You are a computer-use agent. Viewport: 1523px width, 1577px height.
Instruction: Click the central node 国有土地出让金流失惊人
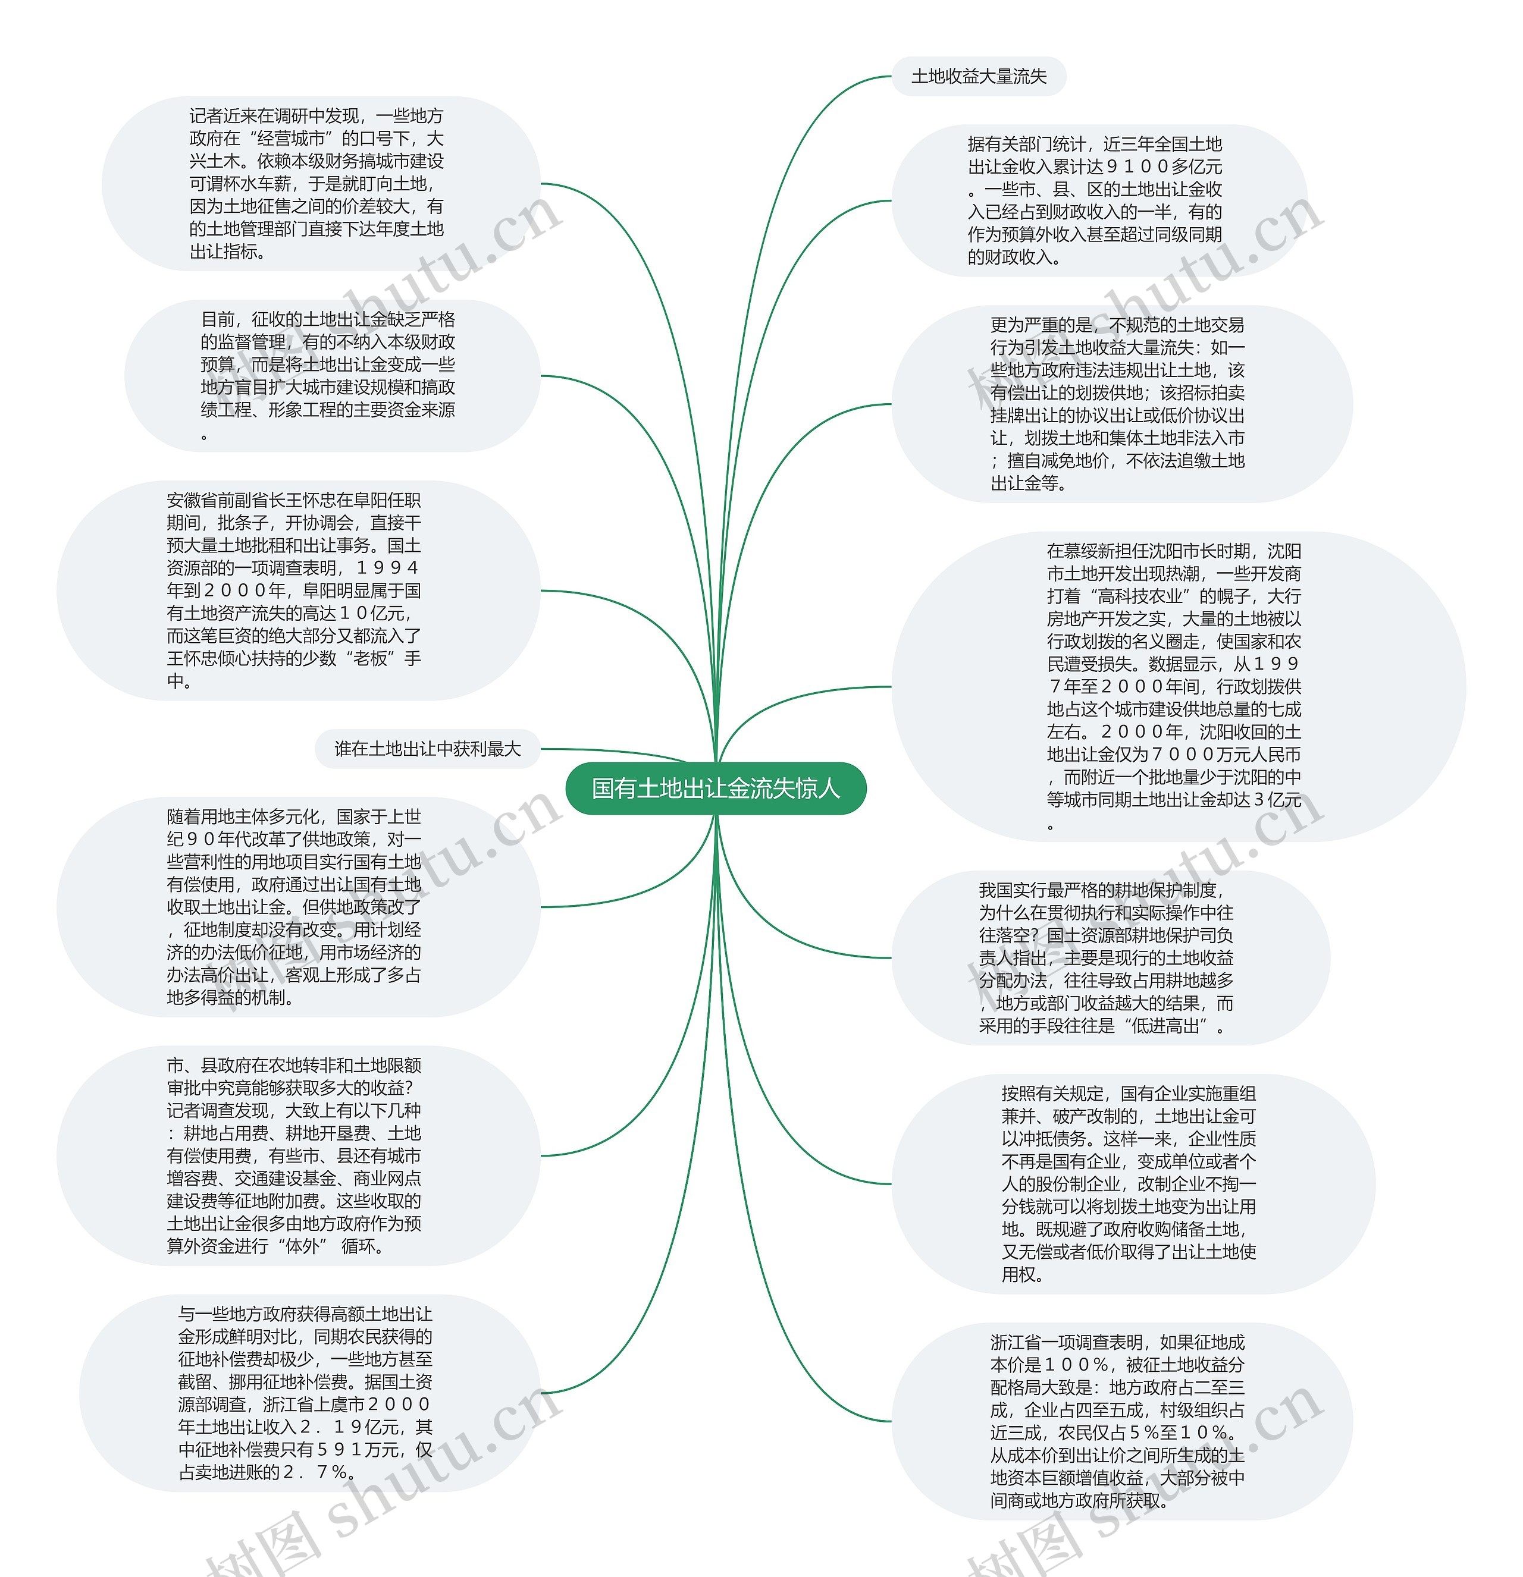pyautogui.click(x=716, y=788)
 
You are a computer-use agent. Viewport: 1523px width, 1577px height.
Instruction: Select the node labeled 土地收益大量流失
pyautogui.click(x=978, y=77)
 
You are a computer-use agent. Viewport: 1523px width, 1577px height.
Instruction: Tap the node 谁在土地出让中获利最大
pyautogui.click(x=427, y=749)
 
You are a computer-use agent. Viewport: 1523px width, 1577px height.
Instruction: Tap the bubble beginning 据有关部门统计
pyautogui.click(x=1095, y=200)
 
